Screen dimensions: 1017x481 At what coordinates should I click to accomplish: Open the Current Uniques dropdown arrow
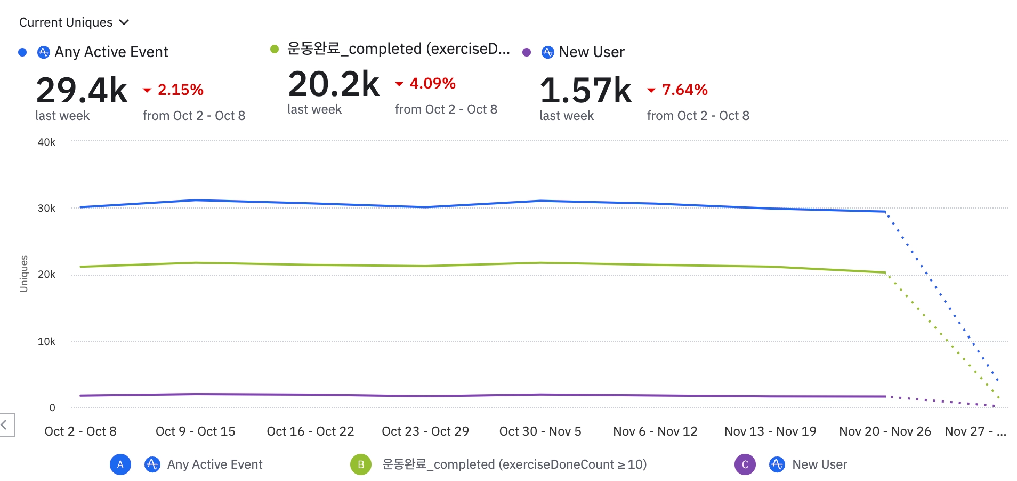coord(124,22)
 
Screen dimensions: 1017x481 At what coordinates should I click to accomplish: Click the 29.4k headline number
coord(82,90)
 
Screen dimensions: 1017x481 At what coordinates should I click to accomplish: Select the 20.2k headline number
coord(334,84)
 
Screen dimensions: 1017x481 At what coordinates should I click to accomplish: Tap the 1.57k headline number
coord(586,90)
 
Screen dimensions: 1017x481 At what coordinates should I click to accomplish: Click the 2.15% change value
coord(181,90)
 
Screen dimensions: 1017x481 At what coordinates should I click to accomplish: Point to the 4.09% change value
coord(433,83)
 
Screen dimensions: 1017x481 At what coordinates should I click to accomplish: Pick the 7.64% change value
coord(685,90)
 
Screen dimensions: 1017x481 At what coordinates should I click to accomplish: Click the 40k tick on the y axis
coord(46,142)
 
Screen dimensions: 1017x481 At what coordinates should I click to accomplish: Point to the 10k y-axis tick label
coord(46,341)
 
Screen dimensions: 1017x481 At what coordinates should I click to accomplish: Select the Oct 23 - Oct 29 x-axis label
coord(425,431)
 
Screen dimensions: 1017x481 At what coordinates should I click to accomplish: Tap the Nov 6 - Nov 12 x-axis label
coord(655,431)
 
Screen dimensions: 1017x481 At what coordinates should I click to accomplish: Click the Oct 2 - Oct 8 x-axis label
coord(80,431)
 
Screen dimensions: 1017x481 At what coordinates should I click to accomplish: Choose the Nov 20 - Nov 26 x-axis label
coord(885,431)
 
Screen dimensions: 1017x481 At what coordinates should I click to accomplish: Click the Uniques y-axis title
coord(23,274)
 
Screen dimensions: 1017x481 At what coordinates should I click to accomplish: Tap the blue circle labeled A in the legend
coord(120,464)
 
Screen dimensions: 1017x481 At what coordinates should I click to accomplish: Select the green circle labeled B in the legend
coord(361,464)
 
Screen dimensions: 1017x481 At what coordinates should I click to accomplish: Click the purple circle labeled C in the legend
coord(745,464)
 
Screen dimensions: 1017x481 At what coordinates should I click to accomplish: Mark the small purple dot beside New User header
coord(527,52)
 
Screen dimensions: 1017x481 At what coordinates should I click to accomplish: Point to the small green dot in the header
coord(275,49)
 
